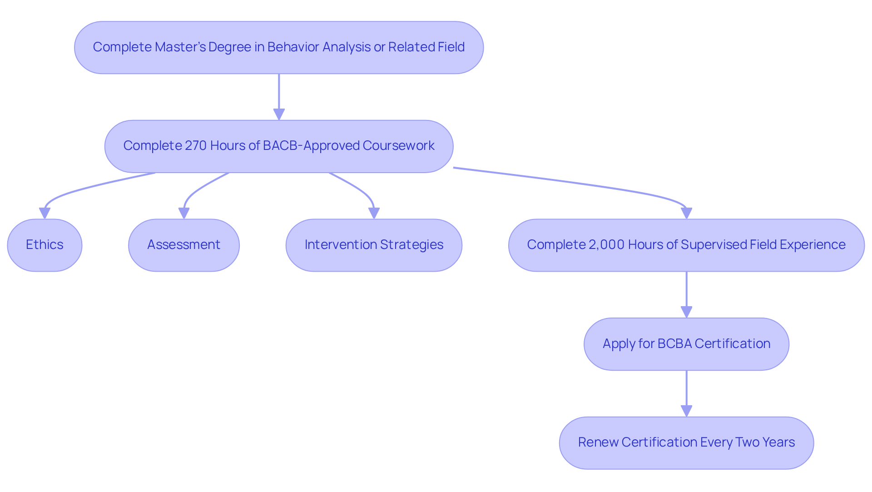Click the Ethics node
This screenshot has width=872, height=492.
pyautogui.click(x=45, y=245)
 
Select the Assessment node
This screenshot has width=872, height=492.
pyautogui.click(x=183, y=245)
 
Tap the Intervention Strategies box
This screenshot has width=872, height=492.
pyautogui.click(x=373, y=245)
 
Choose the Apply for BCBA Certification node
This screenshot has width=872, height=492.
pyautogui.click(x=686, y=344)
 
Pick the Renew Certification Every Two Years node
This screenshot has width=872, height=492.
pyautogui.click(x=686, y=442)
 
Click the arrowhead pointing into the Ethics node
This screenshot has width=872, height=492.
pyautogui.click(x=45, y=213)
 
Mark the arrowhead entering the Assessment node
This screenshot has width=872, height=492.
pyautogui.click(x=183, y=213)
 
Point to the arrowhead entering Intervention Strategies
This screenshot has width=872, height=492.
pyautogui.click(x=374, y=213)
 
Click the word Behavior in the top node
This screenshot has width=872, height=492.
pyautogui.click(x=293, y=47)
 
